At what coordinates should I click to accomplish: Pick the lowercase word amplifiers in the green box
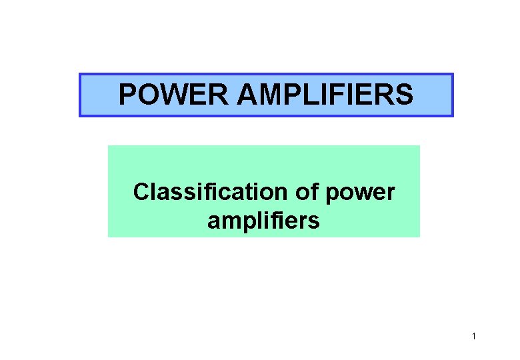[x=263, y=220]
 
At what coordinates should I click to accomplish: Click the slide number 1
[x=473, y=337]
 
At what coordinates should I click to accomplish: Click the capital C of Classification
[x=141, y=193]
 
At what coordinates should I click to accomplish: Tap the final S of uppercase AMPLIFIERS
[x=404, y=95]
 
